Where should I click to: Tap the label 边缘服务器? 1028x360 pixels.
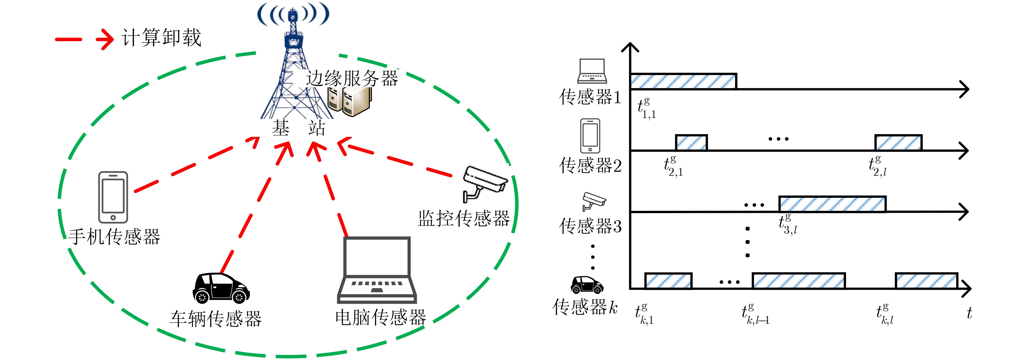[352, 78]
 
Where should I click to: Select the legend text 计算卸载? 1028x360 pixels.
[162, 38]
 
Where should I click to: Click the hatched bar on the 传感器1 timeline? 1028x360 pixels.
[683, 81]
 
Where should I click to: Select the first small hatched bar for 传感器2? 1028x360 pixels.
[691, 143]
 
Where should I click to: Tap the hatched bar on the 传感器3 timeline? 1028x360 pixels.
[832, 204]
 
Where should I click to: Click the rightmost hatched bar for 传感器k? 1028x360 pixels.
[926, 281]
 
